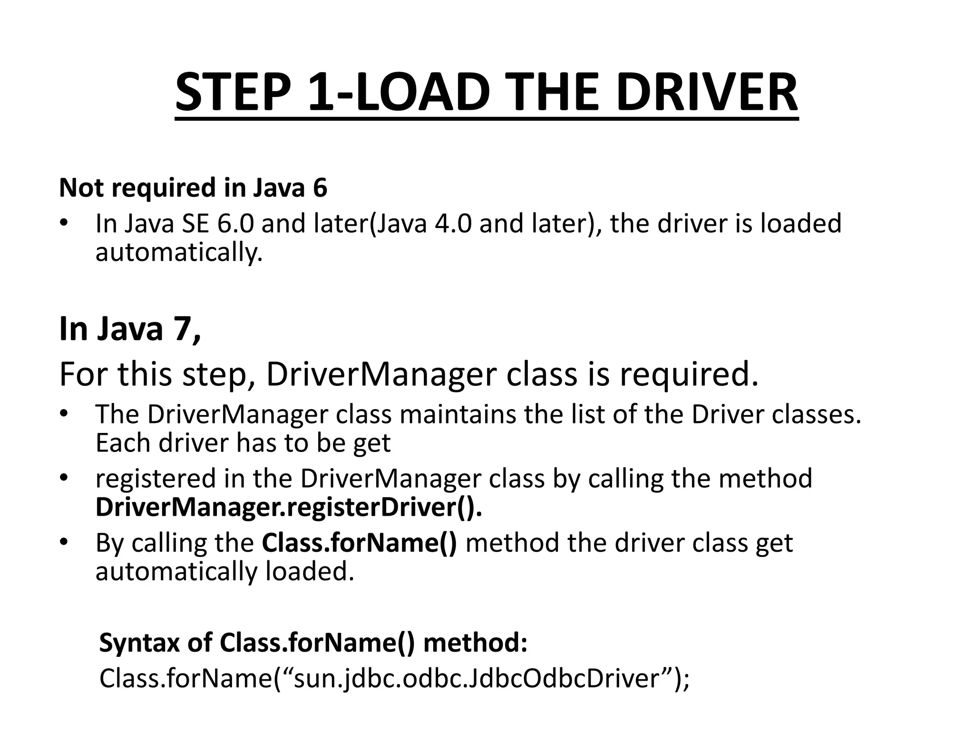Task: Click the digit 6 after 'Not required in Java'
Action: click(x=320, y=188)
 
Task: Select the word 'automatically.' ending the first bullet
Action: click(x=179, y=252)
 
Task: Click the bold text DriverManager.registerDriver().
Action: click(x=289, y=507)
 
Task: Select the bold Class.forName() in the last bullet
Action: click(x=359, y=543)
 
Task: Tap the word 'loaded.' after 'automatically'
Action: click(x=310, y=571)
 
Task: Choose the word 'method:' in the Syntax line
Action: click(x=475, y=643)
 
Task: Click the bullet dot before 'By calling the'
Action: click(x=65, y=542)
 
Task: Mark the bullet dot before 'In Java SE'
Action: click(x=65, y=223)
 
